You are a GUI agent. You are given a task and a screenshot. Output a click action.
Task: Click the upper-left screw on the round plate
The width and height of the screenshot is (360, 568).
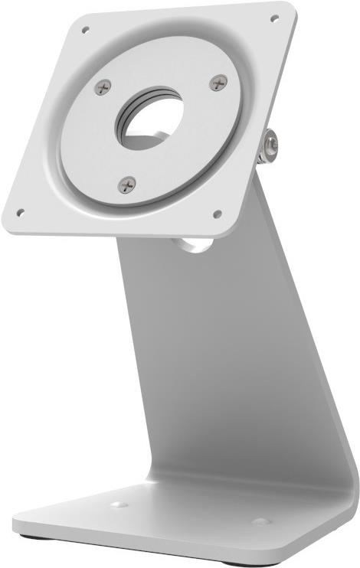click(103, 87)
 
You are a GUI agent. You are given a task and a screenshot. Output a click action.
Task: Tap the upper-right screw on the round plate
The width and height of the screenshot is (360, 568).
click(218, 83)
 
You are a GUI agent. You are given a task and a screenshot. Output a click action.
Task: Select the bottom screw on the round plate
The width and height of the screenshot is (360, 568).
click(127, 184)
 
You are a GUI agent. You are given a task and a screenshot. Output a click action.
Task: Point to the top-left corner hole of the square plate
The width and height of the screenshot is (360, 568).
click(85, 31)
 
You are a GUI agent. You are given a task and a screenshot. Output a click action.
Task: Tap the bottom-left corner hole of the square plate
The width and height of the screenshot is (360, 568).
click(21, 212)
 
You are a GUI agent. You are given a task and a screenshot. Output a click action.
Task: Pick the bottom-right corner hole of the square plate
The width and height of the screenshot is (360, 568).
click(217, 214)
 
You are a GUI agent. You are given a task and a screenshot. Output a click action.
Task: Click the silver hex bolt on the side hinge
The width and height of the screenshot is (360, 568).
click(270, 146)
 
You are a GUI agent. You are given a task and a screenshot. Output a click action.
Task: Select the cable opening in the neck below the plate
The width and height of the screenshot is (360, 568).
click(193, 244)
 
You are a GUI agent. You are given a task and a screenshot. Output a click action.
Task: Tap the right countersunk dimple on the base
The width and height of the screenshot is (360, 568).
click(260, 521)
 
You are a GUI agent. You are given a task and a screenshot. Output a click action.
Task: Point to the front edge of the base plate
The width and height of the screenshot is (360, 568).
click(153, 545)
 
